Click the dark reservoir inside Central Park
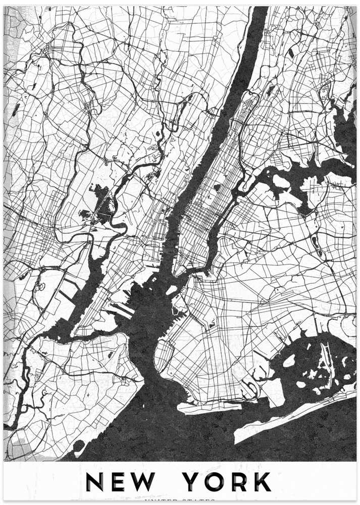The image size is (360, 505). pyautogui.click(x=217, y=187)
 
